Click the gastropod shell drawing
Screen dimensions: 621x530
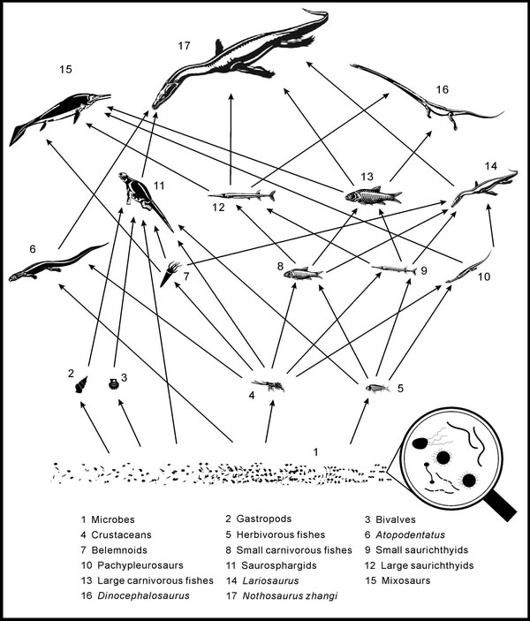(x=85, y=382)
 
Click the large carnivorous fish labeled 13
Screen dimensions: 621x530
(x=372, y=195)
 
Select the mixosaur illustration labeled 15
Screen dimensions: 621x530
(x=57, y=117)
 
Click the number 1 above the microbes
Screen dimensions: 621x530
(x=314, y=451)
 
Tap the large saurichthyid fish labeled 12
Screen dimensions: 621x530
(x=241, y=194)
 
